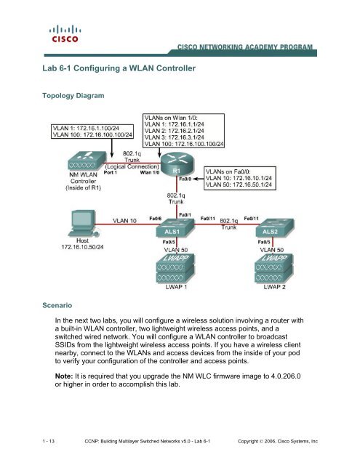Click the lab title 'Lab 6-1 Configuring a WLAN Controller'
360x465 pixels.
coord(121,68)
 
